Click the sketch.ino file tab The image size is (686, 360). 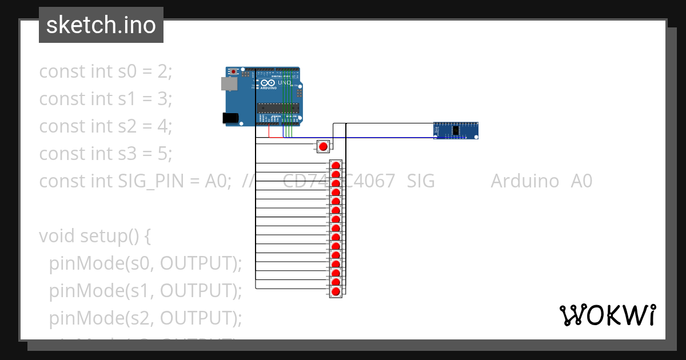click(101, 25)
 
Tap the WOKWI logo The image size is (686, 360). click(607, 315)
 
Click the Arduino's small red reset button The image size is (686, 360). click(234, 71)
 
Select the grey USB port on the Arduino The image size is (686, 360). click(229, 84)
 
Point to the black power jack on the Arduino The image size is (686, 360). click(230, 118)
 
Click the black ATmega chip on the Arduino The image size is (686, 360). click(277, 107)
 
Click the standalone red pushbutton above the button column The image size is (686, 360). click(323, 146)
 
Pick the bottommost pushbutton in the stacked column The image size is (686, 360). click(336, 292)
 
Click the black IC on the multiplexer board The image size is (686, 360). click(455, 131)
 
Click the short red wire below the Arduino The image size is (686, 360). click(276, 137)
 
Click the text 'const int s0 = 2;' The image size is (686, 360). click(105, 71)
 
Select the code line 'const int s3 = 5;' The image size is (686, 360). click(105, 154)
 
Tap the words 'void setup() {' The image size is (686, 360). click(94, 236)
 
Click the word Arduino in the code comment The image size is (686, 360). click(524, 181)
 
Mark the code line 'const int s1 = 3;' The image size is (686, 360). click(105, 99)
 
